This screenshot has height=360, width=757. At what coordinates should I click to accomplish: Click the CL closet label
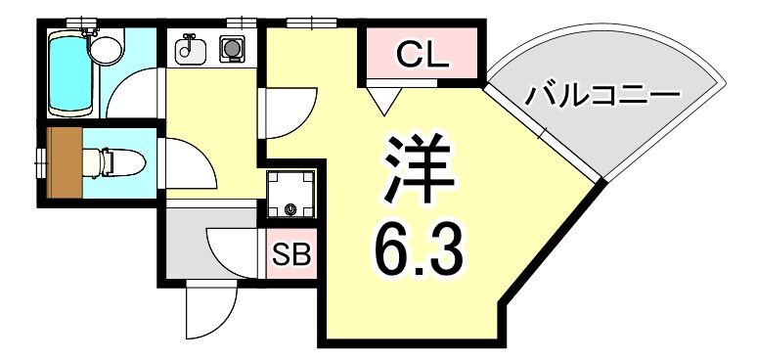423,56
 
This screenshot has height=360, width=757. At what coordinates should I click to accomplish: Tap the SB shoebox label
289,255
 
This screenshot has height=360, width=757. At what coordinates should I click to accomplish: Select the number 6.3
416,250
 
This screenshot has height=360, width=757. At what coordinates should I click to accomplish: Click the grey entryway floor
186,245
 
